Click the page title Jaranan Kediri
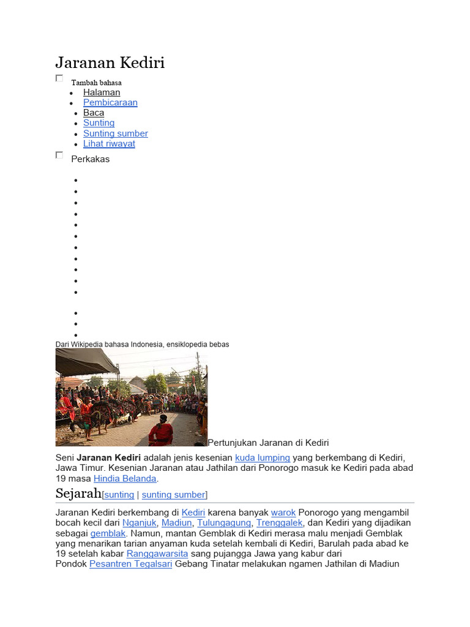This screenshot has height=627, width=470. [x=110, y=63]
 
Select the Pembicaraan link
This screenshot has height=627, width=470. [x=110, y=103]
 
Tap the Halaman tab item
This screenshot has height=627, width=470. [x=102, y=92]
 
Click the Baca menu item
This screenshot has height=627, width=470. [x=94, y=113]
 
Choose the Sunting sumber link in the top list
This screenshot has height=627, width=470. [x=116, y=133]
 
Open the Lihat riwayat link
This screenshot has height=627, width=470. [x=109, y=144]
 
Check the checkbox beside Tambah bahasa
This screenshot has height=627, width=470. [x=59, y=78]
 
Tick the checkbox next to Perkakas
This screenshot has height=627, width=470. [x=59, y=156]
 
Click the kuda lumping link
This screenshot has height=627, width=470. [x=263, y=457]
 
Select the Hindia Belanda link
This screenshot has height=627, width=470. [x=125, y=478]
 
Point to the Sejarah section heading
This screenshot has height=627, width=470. [x=78, y=494]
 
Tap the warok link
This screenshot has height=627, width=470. [x=283, y=512]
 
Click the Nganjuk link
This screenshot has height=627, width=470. [x=140, y=522]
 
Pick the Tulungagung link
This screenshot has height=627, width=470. [x=224, y=522]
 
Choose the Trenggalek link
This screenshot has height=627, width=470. [x=279, y=522]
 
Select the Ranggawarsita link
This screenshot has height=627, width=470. [x=157, y=554]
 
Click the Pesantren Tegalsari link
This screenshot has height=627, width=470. [x=131, y=564]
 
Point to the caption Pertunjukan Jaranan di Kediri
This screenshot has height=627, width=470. [x=269, y=442]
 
